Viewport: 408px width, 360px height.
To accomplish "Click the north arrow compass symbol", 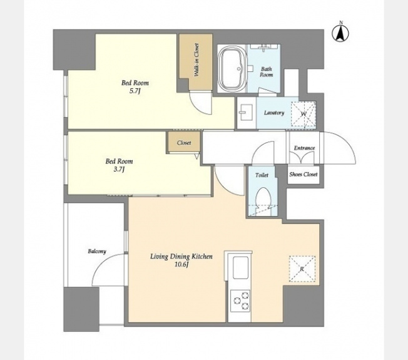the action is (340, 33).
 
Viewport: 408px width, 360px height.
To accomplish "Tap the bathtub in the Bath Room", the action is (232, 68).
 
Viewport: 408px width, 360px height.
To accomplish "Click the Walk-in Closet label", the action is (196, 60).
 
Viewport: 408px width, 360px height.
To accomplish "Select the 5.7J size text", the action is (135, 91).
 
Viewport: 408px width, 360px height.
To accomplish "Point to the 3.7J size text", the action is (119, 170).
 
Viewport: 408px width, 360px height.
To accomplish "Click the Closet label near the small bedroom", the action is (184, 143).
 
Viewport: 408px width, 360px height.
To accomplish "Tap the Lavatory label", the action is (273, 113).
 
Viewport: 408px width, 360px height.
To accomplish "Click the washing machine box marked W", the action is (303, 114).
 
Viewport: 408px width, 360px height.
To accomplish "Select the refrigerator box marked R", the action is (302, 269).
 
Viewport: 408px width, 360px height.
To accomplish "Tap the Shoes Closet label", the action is (303, 174).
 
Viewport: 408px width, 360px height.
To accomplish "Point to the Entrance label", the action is (304, 148).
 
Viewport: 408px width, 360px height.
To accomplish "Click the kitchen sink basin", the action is (240, 268).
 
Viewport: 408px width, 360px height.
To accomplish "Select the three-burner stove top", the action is (240, 301).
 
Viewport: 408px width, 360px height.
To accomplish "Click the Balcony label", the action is (97, 252).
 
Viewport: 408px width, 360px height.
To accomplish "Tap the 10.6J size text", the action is (181, 265).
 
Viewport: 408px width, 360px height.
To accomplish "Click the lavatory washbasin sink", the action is (246, 112).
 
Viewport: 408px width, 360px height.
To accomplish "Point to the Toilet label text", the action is (262, 175).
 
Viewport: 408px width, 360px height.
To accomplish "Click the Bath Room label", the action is (267, 72).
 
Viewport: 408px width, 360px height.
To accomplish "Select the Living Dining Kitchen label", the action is (181, 257).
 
